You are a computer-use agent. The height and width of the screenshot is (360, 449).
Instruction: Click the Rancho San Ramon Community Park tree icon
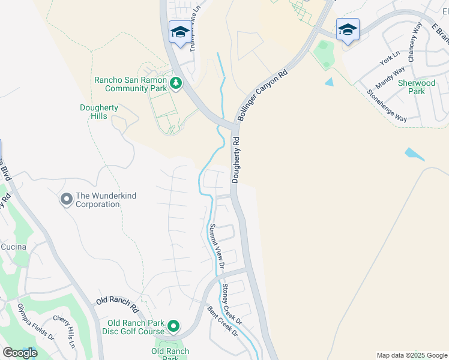point(176,83)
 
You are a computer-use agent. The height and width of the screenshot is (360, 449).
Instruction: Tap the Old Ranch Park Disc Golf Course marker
point(173,326)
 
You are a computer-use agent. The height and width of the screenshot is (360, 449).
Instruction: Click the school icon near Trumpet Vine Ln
point(179,31)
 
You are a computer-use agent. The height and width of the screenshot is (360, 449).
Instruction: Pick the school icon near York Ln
point(348,29)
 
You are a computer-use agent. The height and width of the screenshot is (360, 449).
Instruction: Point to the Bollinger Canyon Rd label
point(262,95)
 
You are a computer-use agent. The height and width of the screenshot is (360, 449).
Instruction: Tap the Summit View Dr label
point(216,246)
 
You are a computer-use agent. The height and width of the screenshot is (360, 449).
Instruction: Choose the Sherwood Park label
point(417,87)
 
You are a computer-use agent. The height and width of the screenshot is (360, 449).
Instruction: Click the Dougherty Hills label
point(99,112)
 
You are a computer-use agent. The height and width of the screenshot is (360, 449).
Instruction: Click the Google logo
point(20,353)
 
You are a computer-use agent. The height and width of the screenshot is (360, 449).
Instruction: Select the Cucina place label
point(13,247)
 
